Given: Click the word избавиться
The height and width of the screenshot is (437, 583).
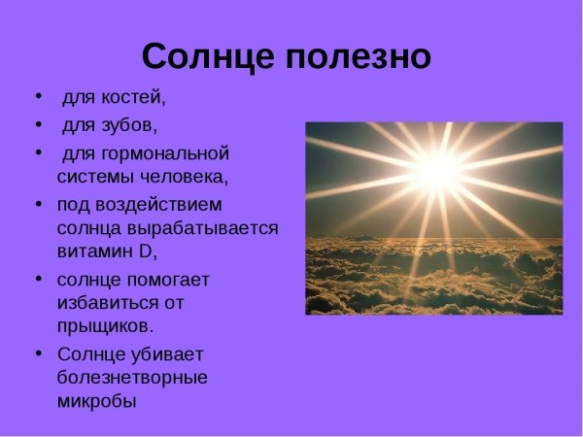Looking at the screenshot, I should pyautogui.click(x=104, y=303).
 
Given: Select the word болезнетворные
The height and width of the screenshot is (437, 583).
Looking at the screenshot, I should pyautogui.click(x=131, y=377).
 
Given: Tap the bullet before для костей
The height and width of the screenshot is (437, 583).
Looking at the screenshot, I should pyautogui.click(x=38, y=98).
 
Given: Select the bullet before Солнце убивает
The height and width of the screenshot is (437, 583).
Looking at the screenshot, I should pyautogui.click(x=38, y=353).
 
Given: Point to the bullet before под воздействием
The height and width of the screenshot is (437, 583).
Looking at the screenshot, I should pyautogui.click(x=38, y=204).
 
